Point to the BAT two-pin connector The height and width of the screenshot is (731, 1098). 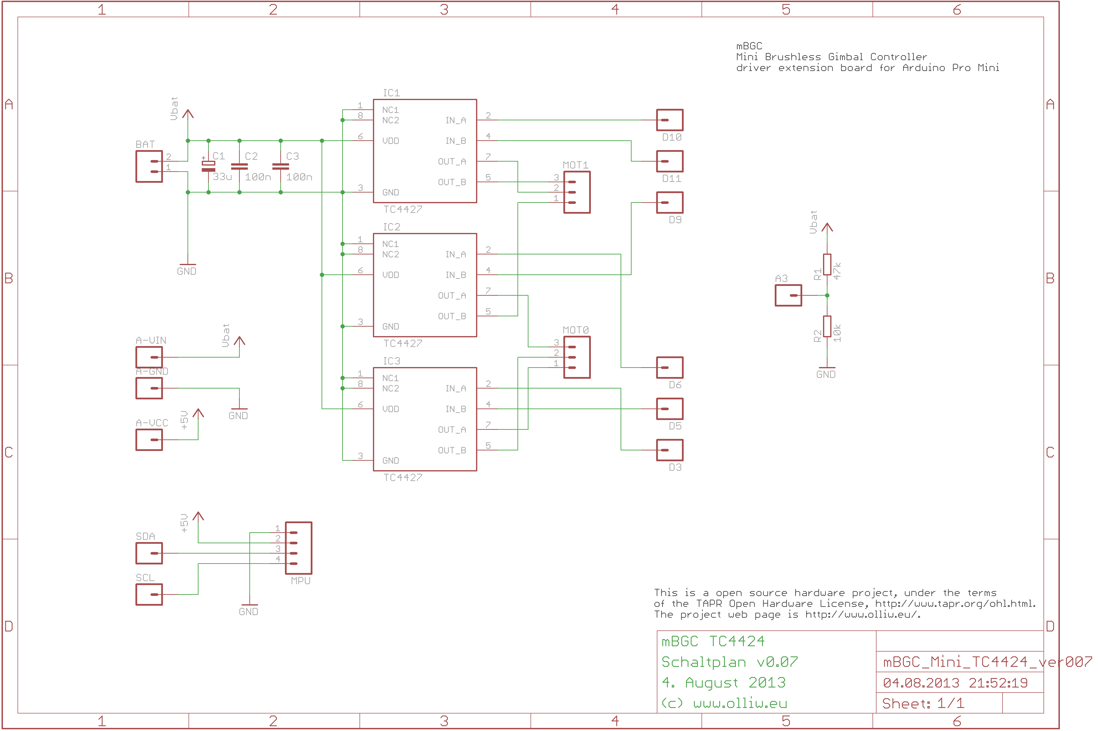click(x=149, y=166)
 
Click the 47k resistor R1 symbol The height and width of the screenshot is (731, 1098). click(x=827, y=264)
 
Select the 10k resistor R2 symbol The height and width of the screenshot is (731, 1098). click(x=827, y=326)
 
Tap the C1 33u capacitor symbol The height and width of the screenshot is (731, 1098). click(x=208, y=166)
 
